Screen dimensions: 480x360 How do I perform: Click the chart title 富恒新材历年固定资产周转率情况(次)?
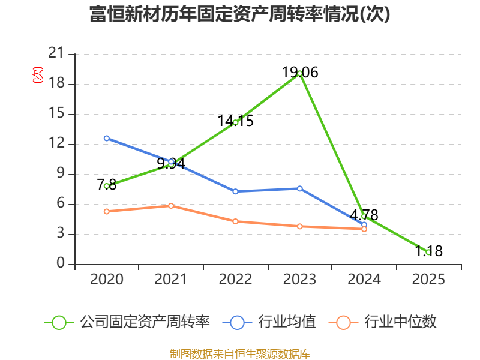(239, 14)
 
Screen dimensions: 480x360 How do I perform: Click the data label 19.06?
(300, 73)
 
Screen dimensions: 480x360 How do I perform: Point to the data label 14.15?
(235, 121)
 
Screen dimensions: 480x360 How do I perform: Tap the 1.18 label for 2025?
(428, 251)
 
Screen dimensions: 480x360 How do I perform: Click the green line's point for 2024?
(364, 216)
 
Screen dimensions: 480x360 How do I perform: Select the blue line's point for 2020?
(107, 139)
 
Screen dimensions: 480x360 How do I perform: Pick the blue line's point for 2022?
(235, 191)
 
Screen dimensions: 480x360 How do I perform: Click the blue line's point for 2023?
(299, 188)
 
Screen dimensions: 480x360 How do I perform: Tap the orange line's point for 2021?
(171, 206)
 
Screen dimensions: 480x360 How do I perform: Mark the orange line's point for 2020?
(107, 212)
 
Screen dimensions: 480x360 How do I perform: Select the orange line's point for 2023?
(299, 227)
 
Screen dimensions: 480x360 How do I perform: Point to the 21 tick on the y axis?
(56, 53)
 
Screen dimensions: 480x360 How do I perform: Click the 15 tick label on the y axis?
(56, 113)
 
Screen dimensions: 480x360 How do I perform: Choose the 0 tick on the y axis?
(61, 263)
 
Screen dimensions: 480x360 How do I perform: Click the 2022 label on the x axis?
(235, 280)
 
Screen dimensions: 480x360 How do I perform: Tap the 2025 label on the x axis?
(428, 280)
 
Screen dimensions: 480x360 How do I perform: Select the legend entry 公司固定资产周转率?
(127, 322)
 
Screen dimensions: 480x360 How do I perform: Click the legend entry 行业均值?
(269, 322)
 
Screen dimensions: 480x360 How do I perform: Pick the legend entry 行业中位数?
(382, 322)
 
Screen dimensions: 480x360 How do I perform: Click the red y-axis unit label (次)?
(38, 74)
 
